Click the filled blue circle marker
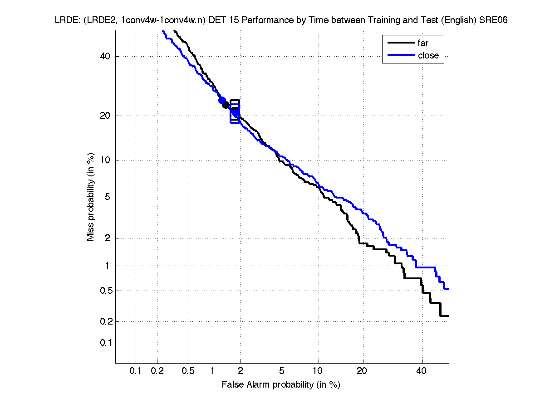222,101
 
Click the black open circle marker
226,105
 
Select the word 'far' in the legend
423,44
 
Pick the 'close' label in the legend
428,55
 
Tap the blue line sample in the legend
401,55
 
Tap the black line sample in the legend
401,44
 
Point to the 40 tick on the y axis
105,56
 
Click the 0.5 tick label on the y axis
104,291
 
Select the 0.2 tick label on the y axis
104,321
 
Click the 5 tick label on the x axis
282,371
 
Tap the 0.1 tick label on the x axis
136,371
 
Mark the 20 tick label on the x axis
361,371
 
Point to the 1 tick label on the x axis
213,371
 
